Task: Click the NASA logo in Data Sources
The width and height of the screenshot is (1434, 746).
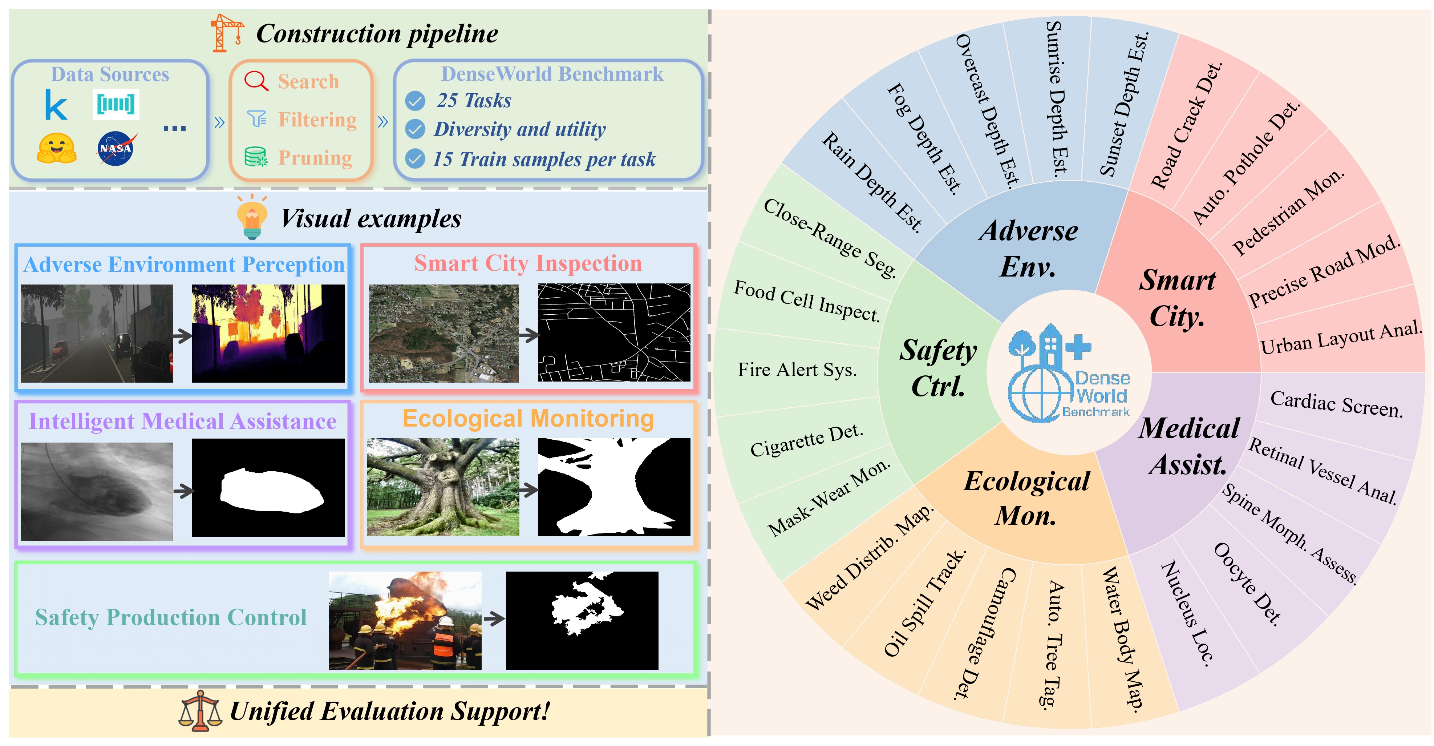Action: [x=116, y=148]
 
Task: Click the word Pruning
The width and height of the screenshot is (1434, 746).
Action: [x=315, y=158]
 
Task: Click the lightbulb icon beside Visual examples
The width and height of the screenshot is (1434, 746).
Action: [x=252, y=217]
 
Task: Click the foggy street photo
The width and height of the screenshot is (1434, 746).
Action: [x=97, y=334]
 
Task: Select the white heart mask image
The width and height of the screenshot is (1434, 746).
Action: [x=268, y=488]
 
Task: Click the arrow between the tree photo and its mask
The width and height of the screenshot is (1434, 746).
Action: [x=528, y=490]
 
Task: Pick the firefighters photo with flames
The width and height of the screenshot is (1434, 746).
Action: [x=405, y=620]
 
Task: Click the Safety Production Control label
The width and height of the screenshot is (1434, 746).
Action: [x=171, y=617]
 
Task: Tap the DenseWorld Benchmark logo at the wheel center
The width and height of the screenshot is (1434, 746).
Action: [x=1069, y=372]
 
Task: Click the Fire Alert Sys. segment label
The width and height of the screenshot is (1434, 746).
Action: [x=797, y=369]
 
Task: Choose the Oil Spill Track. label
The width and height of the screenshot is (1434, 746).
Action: [x=925, y=603]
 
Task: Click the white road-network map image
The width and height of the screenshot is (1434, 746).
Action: [x=614, y=332]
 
